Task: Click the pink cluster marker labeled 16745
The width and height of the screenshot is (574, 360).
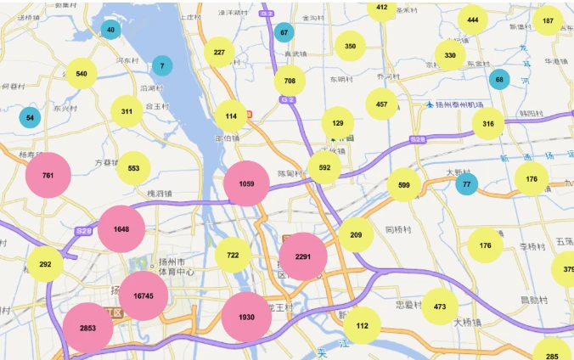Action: click(143, 295)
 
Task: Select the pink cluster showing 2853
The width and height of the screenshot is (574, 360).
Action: click(87, 328)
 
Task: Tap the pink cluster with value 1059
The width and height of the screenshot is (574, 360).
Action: click(247, 184)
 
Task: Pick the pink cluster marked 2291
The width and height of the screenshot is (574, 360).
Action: click(303, 256)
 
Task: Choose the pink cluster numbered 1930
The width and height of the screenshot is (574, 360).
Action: click(246, 317)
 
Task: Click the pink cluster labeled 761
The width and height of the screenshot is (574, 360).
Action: click(48, 176)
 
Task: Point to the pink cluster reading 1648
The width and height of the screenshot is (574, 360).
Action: click(121, 229)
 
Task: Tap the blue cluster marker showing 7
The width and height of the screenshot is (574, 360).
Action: click(162, 65)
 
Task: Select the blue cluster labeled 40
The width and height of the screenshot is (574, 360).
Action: click(110, 30)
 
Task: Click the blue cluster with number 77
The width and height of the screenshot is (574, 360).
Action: click(466, 184)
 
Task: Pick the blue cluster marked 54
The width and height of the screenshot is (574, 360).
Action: click(31, 117)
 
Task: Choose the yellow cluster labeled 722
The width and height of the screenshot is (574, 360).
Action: click(233, 255)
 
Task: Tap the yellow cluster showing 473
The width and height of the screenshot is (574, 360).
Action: click(440, 307)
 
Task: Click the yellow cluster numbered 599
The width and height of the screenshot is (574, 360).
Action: click(404, 184)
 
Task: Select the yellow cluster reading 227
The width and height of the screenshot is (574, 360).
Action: click(219, 52)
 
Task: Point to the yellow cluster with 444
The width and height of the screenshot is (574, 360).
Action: click(473, 20)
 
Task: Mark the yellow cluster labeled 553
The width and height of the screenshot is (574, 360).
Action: click(133, 168)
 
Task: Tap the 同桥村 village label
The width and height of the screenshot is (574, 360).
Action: click(398, 229)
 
